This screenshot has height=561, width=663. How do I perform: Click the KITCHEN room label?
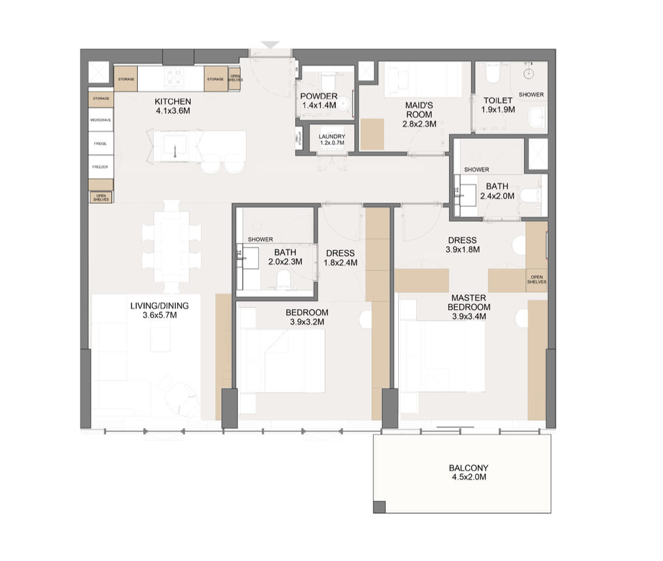pos(173,102)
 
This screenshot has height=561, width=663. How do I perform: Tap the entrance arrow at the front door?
pos(270,45)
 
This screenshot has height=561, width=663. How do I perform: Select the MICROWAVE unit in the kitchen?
pos(101,120)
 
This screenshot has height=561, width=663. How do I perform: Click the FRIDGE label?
pos(101,143)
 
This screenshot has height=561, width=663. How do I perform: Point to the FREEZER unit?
pos(101,167)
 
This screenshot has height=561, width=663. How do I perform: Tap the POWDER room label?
pos(319,96)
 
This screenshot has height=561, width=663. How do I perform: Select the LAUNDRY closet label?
pos(331,137)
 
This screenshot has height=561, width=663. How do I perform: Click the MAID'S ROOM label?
pos(419,106)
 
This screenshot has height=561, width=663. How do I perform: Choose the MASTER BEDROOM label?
pos(469,303)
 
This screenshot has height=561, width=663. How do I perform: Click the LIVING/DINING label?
pos(164,305)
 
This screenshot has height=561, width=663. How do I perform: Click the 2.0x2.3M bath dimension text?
pos(285,262)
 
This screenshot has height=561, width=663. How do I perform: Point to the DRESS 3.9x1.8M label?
pos(462,245)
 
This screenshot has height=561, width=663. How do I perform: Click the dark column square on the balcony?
pos(379,507)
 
